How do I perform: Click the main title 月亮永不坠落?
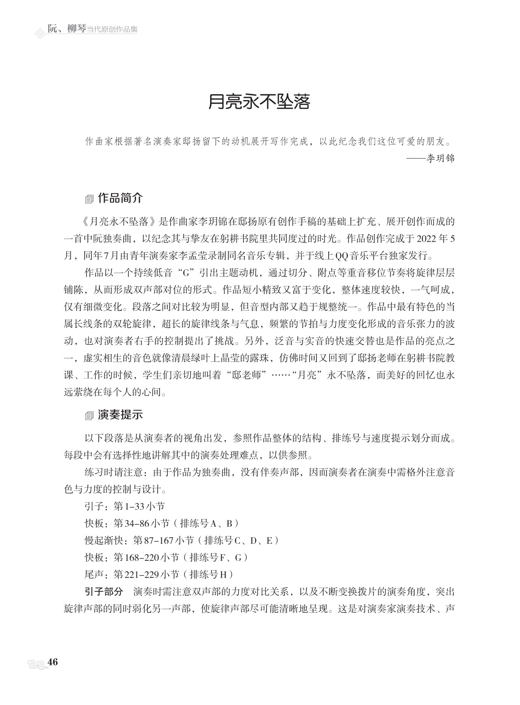[259, 102]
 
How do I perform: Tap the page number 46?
[53, 662]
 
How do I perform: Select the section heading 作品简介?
[120, 198]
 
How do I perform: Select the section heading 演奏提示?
[120, 415]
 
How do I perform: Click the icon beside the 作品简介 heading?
[89, 199]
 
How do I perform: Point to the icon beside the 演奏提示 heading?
[89, 416]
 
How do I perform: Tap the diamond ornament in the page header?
[40, 33]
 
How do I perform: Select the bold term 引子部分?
[104, 591]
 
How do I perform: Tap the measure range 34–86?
[137, 523]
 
